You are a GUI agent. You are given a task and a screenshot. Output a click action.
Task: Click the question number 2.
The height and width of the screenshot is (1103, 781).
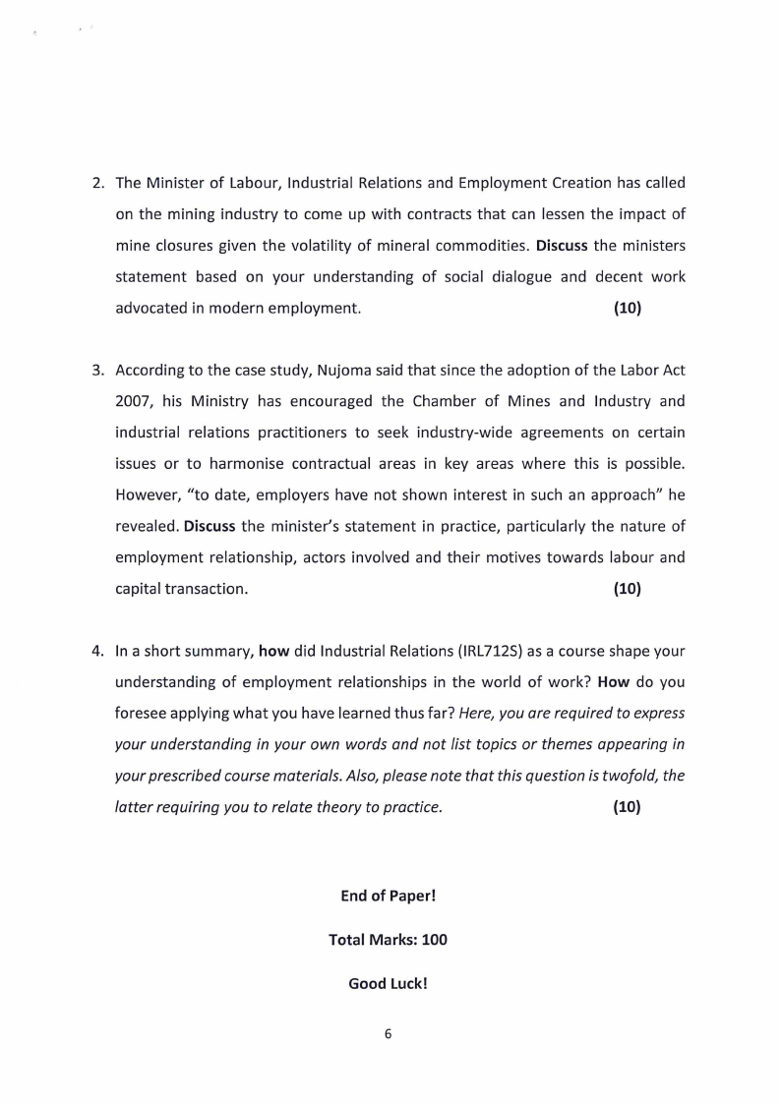pyautogui.click(x=97, y=183)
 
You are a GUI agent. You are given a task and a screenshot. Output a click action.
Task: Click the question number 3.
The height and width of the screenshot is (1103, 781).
pyautogui.click(x=97, y=371)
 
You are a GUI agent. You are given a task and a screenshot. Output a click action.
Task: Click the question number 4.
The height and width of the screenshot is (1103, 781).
pyautogui.click(x=97, y=651)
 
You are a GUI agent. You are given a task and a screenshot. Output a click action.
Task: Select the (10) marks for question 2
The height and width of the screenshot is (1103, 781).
pyautogui.click(x=628, y=308)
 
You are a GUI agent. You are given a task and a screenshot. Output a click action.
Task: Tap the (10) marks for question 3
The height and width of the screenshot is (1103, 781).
pyautogui.click(x=628, y=589)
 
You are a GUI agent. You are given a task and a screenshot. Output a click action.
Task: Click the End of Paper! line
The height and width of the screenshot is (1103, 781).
pyautogui.click(x=388, y=896)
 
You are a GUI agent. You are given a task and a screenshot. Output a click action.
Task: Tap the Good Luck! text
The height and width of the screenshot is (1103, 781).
pyautogui.click(x=388, y=983)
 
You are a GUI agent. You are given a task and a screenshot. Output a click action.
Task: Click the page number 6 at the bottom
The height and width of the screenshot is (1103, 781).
pyautogui.click(x=389, y=1033)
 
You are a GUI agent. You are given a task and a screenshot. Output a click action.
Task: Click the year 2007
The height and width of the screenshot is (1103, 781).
pyautogui.click(x=134, y=402)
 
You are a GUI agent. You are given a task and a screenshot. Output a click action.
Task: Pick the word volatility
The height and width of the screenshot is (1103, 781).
pyautogui.click(x=342, y=246)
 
